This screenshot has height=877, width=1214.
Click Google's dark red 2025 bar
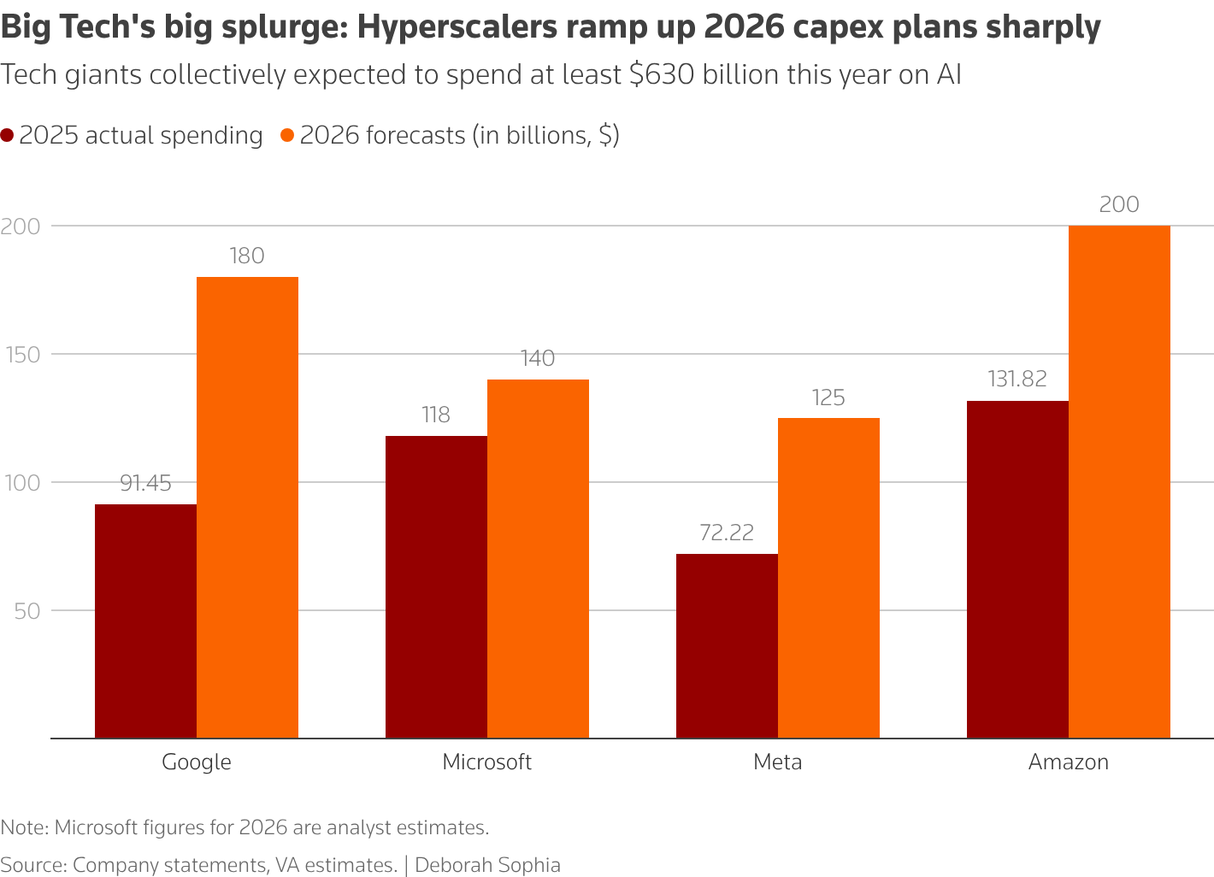145,621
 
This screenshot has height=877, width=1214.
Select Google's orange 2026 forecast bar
247,508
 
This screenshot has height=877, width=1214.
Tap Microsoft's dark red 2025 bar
436,587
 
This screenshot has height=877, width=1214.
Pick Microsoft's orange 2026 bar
538,559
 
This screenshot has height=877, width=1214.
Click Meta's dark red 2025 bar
727,646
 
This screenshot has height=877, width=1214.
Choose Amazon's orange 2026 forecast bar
1119,482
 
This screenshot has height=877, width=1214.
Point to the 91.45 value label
145,484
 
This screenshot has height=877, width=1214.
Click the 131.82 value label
1017,380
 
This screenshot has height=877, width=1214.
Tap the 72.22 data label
727,533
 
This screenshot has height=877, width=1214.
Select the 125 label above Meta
828,398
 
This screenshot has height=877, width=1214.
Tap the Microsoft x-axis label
486,762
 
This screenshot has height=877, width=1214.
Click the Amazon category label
1068,762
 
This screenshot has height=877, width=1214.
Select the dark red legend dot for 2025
8,136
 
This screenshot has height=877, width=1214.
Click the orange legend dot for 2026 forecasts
288,136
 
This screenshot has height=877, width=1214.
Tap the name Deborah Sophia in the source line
487,865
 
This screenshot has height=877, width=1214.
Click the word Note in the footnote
24,827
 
